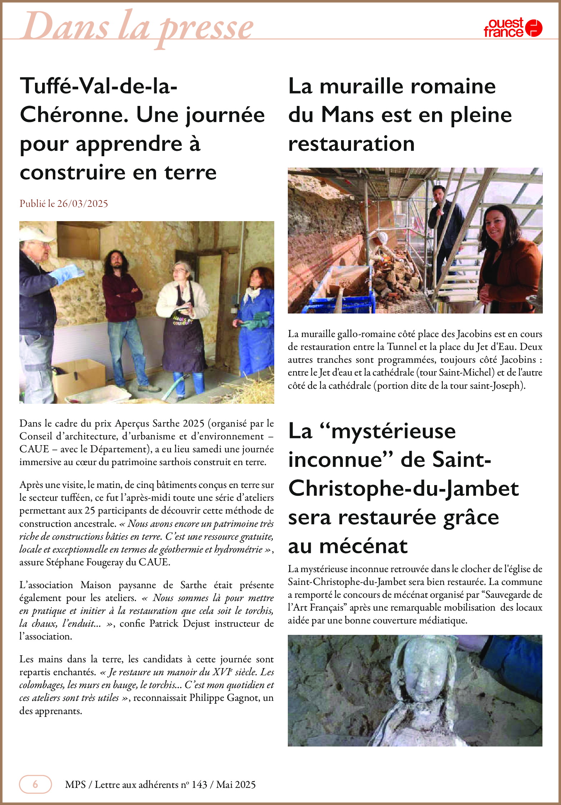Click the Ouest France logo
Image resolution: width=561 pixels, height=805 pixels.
tap(513, 28)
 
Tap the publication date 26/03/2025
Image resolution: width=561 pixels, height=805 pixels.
tap(82, 204)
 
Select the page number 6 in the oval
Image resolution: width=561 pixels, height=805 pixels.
tap(35, 784)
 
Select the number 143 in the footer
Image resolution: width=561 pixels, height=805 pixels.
tap(199, 785)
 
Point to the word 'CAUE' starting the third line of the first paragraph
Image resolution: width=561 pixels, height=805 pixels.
tap(34, 449)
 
